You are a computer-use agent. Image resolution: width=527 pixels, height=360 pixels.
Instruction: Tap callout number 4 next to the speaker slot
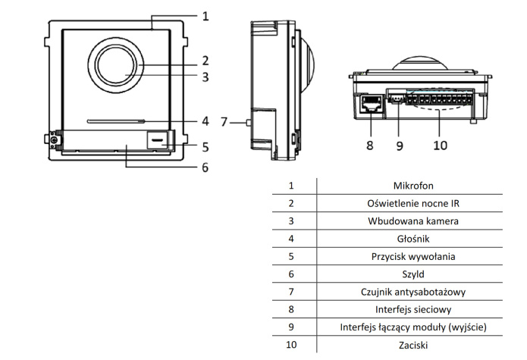(x=205, y=121)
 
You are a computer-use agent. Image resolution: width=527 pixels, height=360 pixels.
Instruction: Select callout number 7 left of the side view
(x=224, y=121)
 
